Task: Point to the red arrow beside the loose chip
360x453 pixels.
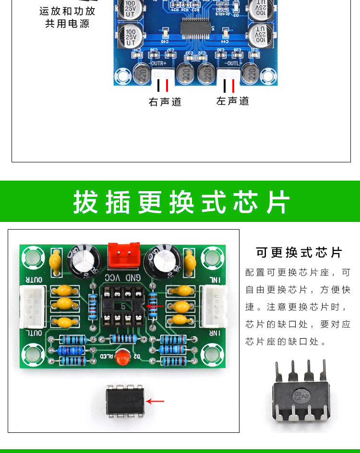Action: [x=155, y=401]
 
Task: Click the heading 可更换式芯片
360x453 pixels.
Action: [x=299, y=253]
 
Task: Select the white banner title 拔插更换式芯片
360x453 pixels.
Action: [x=181, y=202]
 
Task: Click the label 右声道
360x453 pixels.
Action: [x=165, y=102]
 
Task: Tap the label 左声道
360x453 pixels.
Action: [x=233, y=101]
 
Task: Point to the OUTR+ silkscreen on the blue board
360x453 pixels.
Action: [x=159, y=62]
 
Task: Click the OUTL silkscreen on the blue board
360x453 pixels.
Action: [x=232, y=62]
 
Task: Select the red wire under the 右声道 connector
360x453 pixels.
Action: [x=167, y=86]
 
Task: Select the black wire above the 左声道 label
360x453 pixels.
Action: [x=225, y=86]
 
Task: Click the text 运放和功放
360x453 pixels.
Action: [x=67, y=11]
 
